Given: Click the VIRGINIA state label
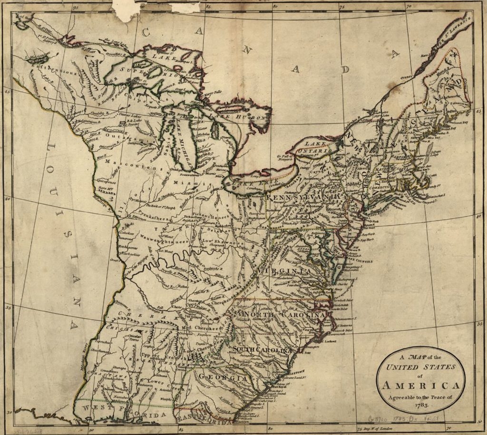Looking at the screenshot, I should click(284, 271).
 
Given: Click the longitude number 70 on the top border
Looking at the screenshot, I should click(409, 7).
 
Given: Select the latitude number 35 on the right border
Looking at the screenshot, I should click(479, 323).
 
